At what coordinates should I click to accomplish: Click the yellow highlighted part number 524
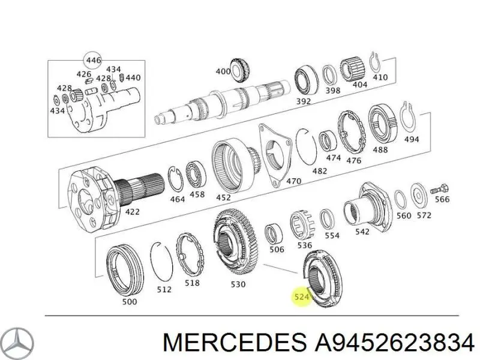[x=302, y=296]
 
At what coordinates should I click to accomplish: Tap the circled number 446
[x=93, y=60]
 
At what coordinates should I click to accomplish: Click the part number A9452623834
[x=395, y=342]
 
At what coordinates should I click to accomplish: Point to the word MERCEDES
[x=235, y=342]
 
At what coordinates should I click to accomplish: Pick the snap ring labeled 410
[x=374, y=62]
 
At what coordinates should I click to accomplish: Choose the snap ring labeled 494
[x=407, y=118]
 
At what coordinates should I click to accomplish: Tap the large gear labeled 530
[x=236, y=242]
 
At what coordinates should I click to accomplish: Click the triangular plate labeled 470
[x=275, y=155]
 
